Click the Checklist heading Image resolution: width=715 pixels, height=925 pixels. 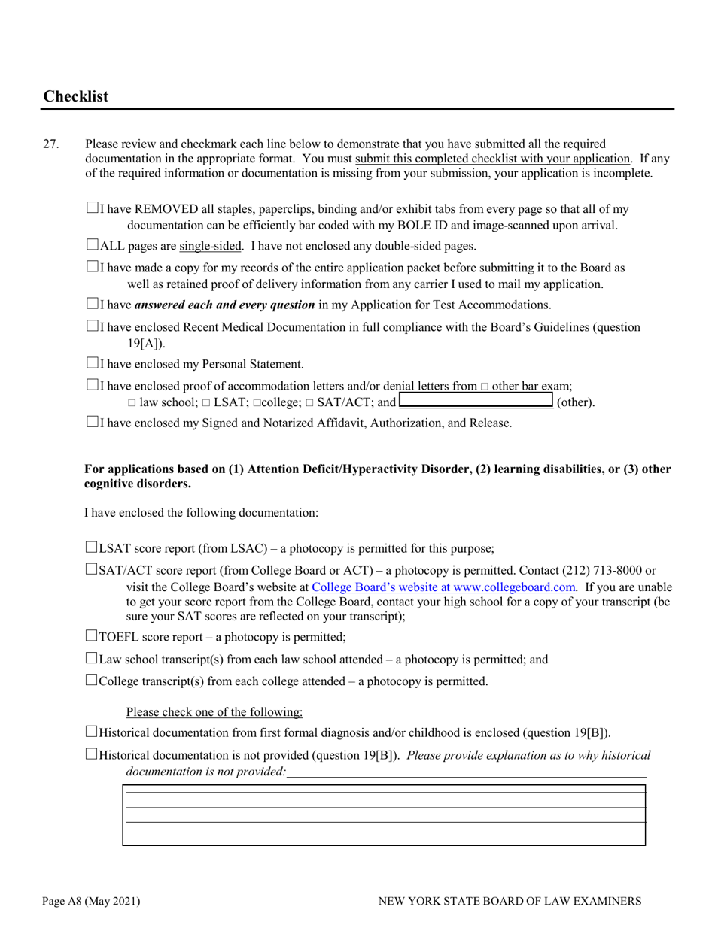tap(76, 96)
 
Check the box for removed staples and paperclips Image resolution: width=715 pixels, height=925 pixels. tap(93, 208)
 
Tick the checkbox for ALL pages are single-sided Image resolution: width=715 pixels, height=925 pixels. tap(93, 244)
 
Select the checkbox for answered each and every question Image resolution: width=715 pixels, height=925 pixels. tap(93, 304)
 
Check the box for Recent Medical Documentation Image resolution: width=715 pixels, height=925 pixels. tap(93, 326)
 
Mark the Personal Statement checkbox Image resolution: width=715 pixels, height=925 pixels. tap(93, 363)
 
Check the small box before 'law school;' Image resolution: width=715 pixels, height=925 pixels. tap(132, 403)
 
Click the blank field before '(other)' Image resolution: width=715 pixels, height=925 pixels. tap(476, 401)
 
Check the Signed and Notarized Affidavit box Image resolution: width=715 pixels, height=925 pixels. tap(93, 422)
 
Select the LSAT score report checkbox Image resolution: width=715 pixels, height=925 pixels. tap(93, 547)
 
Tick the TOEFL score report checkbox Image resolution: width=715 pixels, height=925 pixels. tap(93, 636)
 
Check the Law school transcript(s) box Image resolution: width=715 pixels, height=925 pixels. tap(93, 659)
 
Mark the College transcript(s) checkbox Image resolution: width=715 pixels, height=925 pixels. tap(93, 681)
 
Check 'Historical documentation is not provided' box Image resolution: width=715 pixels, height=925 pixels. tap(93, 754)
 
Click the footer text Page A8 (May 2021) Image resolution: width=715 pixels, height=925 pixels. tap(91, 901)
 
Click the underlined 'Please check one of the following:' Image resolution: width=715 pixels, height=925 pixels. tap(214, 712)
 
